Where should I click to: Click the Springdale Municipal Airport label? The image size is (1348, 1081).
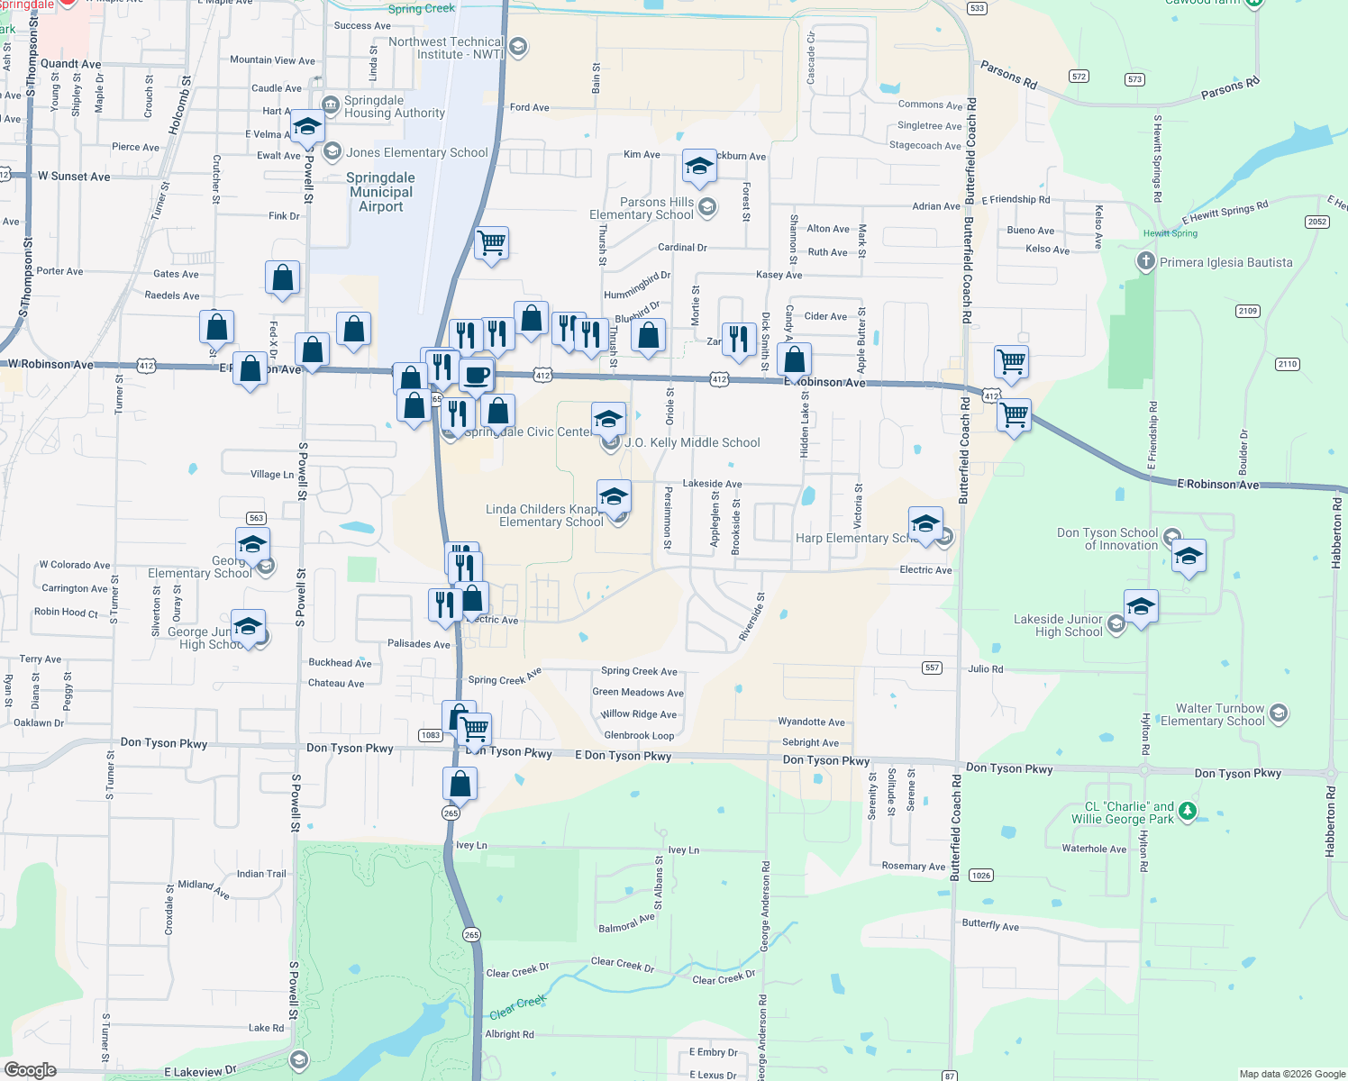point(381,192)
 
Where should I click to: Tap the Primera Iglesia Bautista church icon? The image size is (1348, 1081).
point(1145,262)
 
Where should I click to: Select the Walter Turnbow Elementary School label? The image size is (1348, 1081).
point(1213,714)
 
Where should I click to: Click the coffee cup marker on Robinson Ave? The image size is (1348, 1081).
point(477,374)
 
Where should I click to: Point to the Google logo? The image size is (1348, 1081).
point(31,1070)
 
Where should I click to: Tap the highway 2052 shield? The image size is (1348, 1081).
point(1316,222)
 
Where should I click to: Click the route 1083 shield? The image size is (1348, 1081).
point(431,735)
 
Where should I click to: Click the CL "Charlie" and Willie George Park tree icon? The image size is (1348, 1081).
point(1188,811)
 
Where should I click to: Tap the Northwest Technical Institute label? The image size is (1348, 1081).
point(446,48)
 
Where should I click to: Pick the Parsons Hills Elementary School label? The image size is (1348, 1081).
point(642,208)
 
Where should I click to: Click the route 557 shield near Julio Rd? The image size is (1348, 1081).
point(932,668)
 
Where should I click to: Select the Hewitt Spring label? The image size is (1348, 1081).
point(1170,233)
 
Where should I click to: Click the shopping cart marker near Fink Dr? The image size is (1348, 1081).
point(492,242)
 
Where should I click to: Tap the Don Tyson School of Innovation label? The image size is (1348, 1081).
point(1107,539)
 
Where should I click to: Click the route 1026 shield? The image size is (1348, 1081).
point(980,876)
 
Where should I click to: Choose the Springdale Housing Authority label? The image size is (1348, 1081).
point(394,106)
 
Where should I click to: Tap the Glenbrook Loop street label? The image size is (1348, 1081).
point(639,735)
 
